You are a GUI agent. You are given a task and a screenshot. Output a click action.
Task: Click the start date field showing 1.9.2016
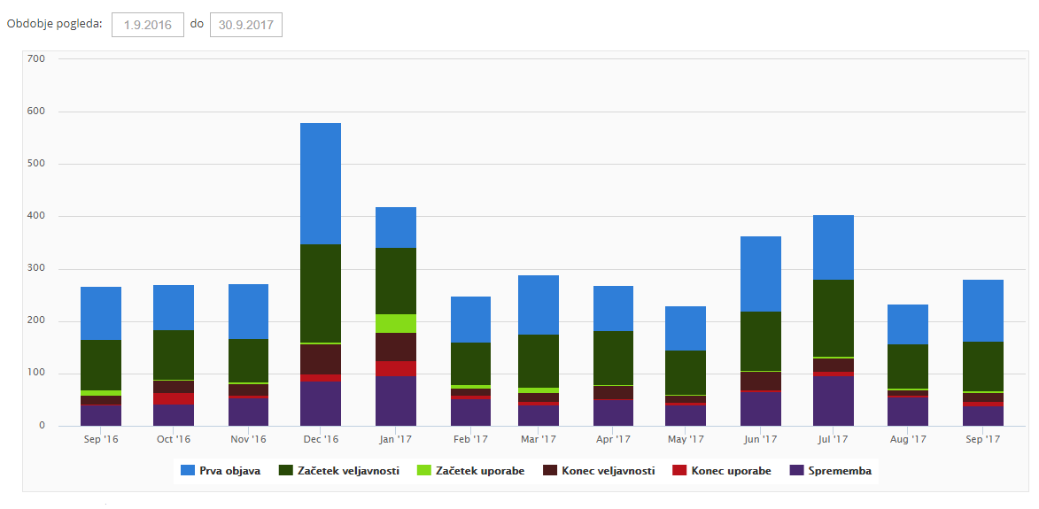(x=147, y=25)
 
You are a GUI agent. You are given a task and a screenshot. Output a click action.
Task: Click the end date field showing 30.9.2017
(x=245, y=25)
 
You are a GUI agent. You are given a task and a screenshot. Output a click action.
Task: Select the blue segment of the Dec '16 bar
(x=321, y=183)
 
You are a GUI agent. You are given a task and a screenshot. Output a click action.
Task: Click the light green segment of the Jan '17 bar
(x=396, y=323)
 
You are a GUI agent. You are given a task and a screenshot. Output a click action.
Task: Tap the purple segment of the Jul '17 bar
(x=834, y=401)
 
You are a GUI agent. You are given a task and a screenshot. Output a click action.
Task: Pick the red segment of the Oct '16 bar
(x=174, y=398)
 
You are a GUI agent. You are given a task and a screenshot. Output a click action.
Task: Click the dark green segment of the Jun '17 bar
(x=761, y=341)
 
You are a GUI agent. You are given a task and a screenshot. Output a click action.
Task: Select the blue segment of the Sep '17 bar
(x=982, y=310)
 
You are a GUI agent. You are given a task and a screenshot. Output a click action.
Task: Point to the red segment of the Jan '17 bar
(x=396, y=368)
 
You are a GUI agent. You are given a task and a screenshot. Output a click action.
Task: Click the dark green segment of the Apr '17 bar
(x=613, y=358)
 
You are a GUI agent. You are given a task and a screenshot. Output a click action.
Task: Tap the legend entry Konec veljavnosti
(x=600, y=471)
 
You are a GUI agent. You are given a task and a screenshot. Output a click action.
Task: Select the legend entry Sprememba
(x=831, y=471)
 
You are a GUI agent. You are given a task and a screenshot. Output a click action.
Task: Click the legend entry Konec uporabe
(x=723, y=471)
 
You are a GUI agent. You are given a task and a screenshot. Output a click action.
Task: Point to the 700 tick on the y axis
(x=36, y=59)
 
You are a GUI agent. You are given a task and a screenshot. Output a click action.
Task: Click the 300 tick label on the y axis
(x=36, y=268)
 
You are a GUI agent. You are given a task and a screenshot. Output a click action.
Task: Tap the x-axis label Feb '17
(x=470, y=439)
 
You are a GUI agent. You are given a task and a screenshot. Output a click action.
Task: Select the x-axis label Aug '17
(x=908, y=439)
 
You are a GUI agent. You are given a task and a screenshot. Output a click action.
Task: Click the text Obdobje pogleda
(x=55, y=23)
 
